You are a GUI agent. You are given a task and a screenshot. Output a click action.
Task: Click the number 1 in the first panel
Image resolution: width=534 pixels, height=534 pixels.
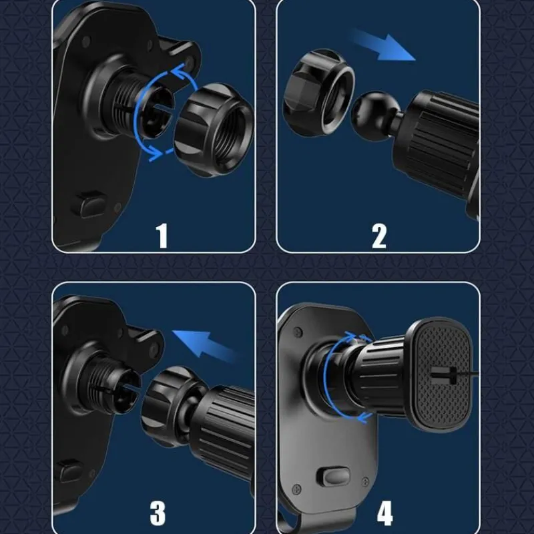162,236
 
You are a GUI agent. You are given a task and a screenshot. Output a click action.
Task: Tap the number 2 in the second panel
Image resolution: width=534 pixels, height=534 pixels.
379,236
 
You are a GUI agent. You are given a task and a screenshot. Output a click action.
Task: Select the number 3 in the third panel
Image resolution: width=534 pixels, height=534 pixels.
158,513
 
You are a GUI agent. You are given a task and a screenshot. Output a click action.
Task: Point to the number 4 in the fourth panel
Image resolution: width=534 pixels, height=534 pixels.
385,513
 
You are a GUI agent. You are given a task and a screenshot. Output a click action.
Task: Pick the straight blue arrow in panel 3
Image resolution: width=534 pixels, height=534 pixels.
204,344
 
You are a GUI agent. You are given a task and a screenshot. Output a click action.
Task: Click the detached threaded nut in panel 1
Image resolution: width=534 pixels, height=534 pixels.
214,129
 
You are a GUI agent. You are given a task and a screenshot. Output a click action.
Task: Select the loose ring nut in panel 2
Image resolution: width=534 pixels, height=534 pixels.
319,93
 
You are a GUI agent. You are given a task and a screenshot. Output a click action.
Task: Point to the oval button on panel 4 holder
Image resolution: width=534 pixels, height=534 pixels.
334,477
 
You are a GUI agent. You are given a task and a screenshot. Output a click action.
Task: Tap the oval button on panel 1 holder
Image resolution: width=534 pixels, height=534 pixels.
89,204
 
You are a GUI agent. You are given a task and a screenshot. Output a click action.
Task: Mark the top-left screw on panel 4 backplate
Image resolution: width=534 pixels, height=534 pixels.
298,331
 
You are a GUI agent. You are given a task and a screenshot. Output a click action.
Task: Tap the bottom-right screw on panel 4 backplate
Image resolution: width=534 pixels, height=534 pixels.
365,481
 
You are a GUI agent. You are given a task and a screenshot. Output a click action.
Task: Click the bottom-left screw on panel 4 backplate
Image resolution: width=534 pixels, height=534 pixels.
296,490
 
